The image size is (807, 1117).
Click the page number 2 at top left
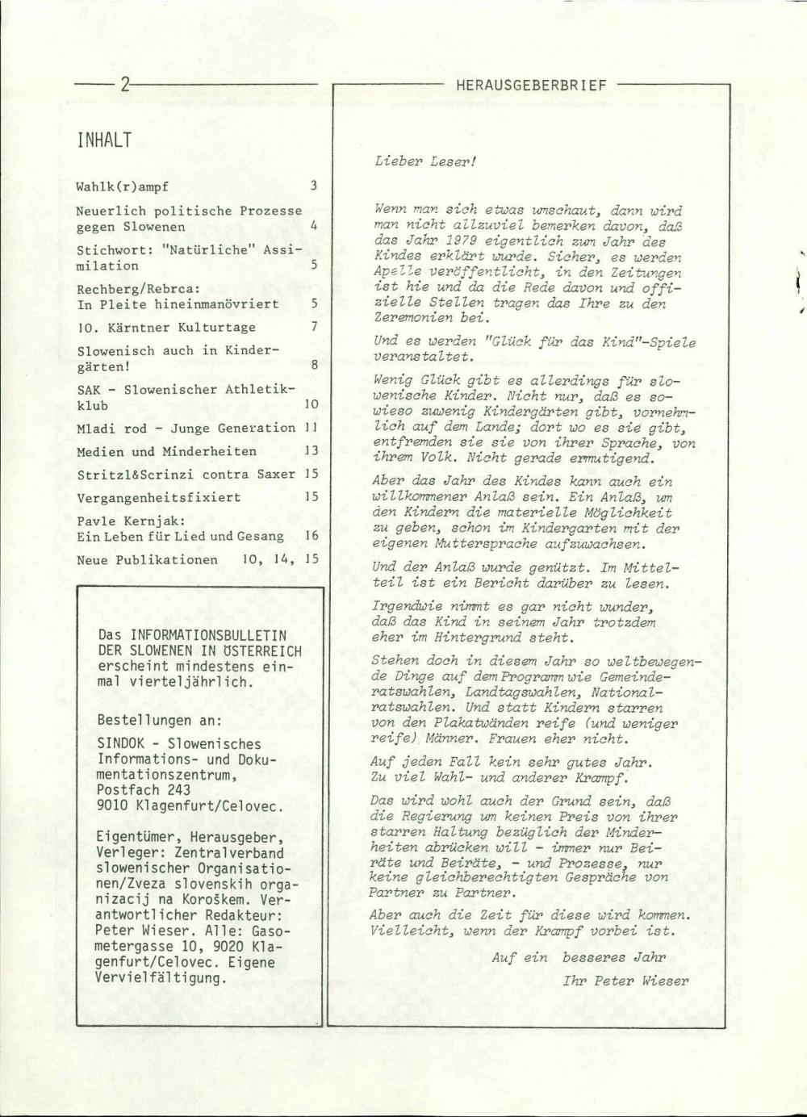coord(126,84)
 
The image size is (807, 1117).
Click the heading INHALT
coord(105,140)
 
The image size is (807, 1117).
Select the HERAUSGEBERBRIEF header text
coord(530,84)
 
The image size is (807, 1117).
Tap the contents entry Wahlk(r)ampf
coord(123,186)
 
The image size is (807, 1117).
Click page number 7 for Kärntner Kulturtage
coord(314,327)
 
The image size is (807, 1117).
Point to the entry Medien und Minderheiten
coord(166,451)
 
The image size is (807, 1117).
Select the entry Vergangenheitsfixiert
coord(158,497)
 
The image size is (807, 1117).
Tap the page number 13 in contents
coord(312,451)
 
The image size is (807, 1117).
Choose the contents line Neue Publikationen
coord(147,559)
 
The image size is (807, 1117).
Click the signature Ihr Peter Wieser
coord(625,981)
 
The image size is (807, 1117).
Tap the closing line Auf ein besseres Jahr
coord(579,958)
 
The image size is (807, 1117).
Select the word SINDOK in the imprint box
coord(121,743)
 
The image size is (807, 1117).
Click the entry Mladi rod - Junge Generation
coord(186,428)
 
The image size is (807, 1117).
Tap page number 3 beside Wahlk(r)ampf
coord(314,186)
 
